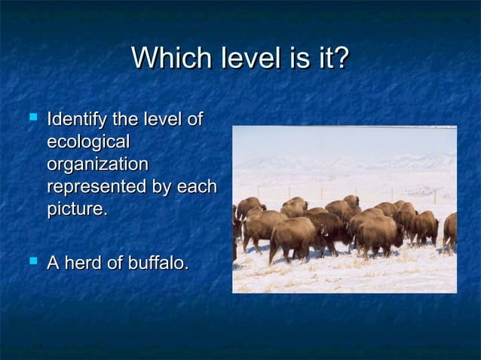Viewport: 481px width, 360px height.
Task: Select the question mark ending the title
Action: click(x=341, y=59)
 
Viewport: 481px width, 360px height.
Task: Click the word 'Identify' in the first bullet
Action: click(x=77, y=120)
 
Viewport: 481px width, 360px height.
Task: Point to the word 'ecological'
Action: click(x=88, y=142)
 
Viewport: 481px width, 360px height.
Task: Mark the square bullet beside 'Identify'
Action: click(x=32, y=118)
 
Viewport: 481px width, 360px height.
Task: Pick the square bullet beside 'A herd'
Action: click(x=32, y=262)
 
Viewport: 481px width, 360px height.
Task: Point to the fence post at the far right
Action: click(x=435, y=195)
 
